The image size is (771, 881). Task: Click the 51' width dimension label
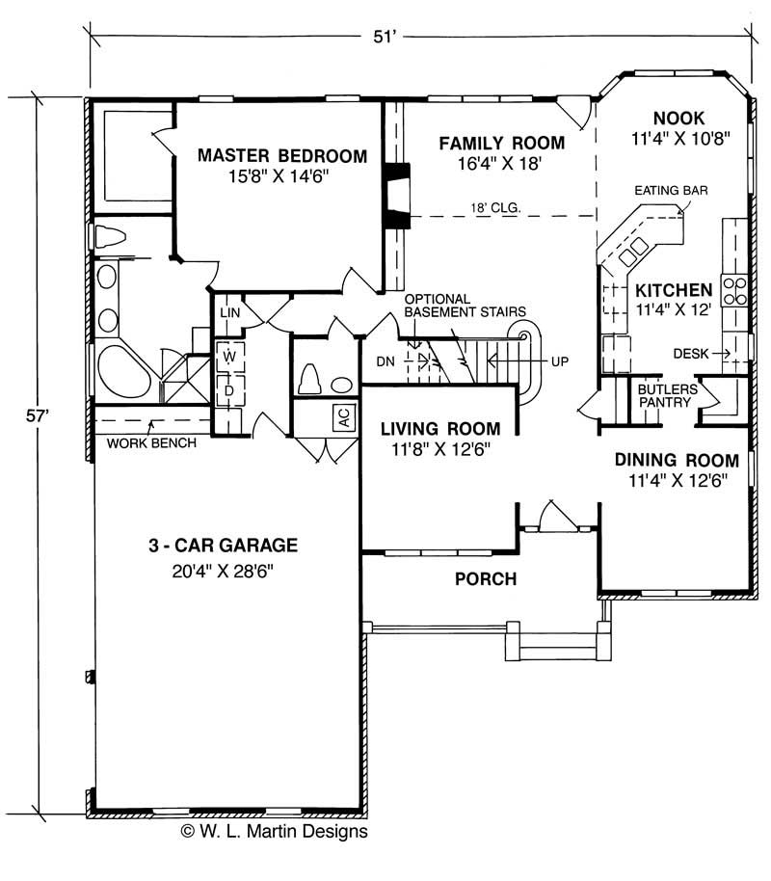385,37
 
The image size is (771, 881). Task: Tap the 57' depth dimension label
38,415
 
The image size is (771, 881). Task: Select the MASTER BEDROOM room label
282,155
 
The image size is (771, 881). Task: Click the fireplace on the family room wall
397,195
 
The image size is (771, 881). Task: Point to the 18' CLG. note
495,208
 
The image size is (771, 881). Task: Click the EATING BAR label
671,191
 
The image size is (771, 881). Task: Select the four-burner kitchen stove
734,290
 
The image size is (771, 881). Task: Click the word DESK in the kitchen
691,354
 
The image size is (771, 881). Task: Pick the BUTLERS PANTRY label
667,395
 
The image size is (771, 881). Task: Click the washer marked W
229,357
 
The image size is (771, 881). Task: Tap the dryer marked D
229,390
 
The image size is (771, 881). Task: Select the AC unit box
344,416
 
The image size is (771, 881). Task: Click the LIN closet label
229,312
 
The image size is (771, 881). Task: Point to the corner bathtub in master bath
122,371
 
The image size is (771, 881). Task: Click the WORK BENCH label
151,442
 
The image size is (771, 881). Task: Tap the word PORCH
486,578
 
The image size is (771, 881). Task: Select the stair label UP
560,361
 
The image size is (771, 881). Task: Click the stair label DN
385,361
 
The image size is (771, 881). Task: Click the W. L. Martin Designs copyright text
275,831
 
